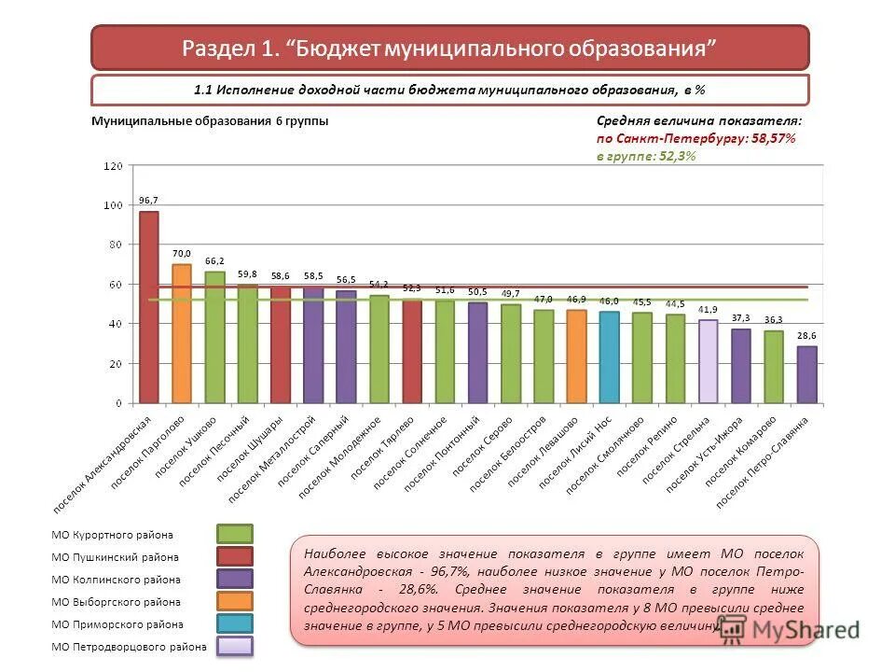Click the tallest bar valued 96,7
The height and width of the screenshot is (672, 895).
149,307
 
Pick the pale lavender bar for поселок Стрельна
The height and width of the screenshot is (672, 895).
709,361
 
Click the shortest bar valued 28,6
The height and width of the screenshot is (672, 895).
807,374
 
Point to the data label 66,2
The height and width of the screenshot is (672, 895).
214,261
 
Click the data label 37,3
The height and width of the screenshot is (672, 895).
741,318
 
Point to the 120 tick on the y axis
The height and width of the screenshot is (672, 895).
113,166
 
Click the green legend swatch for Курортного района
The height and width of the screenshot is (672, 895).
235,534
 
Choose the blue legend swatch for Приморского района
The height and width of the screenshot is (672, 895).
235,623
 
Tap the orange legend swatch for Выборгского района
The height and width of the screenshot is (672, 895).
235,601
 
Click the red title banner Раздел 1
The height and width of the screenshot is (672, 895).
449,48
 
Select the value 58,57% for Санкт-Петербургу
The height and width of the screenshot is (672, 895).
769,138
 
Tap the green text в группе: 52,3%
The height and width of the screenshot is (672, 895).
646,156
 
